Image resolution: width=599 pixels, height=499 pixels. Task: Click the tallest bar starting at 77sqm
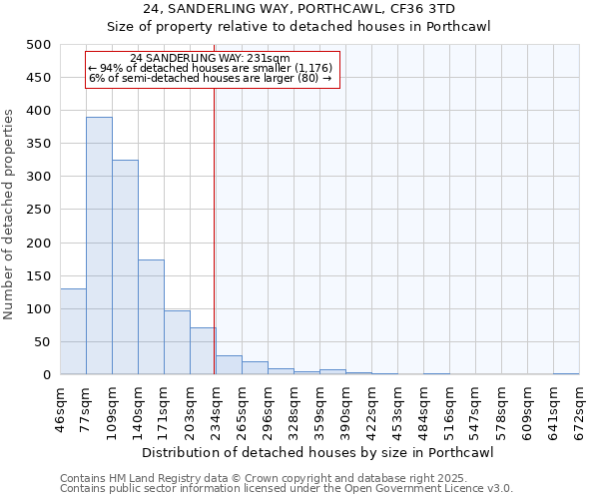(99, 246)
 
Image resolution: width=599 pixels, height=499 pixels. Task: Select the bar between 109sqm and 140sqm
(125, 267)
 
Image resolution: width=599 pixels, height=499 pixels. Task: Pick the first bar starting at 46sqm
(73, 331)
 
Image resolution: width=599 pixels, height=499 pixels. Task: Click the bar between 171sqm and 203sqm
(177, 342)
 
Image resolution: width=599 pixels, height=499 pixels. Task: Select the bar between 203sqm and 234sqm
(203, 351)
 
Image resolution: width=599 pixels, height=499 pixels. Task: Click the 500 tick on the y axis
(39, 45)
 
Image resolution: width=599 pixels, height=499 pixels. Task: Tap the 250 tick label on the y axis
(39, 210)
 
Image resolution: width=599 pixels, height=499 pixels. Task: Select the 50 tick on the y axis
(43, 342)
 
